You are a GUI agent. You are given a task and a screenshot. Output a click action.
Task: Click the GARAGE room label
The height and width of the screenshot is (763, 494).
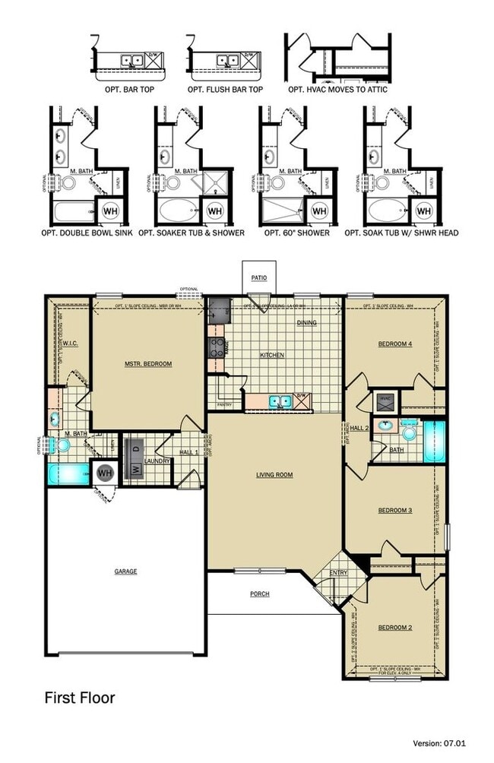(126, 571)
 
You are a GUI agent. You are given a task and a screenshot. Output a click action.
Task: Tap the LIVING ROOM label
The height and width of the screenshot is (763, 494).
(274, 475)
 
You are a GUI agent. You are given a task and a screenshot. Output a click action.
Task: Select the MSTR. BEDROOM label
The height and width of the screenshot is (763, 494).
(148, 364)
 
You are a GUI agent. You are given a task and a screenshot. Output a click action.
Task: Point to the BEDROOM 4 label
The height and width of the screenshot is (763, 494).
(395, 344)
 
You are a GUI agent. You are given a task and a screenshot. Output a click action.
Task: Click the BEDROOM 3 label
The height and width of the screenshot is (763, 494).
(395, 510)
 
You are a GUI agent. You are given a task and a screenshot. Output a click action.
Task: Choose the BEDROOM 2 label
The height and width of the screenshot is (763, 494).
(395, 628)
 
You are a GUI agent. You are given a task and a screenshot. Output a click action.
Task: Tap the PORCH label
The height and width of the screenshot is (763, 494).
(259, 594)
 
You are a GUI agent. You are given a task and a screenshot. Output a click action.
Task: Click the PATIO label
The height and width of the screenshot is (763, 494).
(259, 278)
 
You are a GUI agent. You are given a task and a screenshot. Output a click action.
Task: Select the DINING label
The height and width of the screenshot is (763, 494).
(306, 322)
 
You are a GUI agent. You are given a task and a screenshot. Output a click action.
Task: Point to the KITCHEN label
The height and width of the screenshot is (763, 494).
(272, 355)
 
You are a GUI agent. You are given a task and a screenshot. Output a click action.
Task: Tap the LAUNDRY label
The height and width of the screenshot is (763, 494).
(157, 461)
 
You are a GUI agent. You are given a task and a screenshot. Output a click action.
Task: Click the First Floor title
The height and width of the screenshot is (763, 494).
(79, 697)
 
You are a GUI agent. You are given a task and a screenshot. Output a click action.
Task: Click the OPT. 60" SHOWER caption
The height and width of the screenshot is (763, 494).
(297, 233)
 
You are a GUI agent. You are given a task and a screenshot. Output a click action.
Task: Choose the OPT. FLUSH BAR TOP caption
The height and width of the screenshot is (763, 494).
(226, 89)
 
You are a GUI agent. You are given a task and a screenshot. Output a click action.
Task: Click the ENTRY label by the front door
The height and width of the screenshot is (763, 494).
(338, 573)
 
